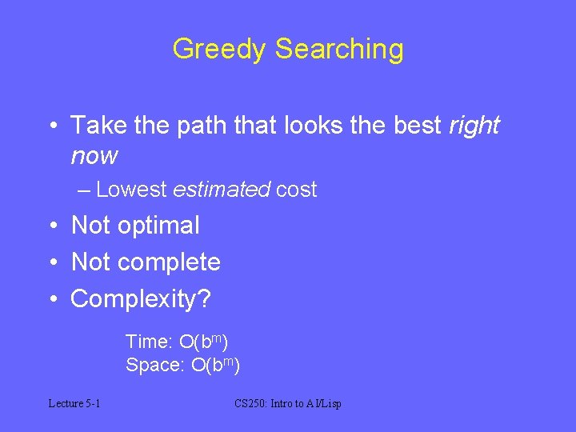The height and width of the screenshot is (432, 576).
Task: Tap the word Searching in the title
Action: coord(339,50)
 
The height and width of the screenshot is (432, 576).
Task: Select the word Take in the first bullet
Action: coord(95,125)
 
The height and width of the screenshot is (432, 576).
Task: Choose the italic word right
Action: coord(474,126)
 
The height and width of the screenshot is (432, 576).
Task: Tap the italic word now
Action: coord(94,155)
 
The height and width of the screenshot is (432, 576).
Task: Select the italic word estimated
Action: coord(221,190)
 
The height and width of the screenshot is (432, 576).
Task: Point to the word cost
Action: coord(296,190)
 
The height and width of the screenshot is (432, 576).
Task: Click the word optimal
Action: coord(158,226)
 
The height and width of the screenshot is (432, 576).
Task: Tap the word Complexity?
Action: coord(141,299)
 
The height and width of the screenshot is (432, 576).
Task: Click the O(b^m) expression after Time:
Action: coord(204,342)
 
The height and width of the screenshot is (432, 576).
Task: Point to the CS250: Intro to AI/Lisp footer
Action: coord(287,403)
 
